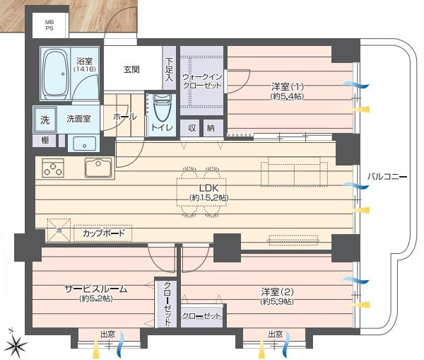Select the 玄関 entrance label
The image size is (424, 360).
[x=131, y=69]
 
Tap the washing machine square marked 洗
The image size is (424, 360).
[x=45, y=120]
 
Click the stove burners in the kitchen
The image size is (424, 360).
[x=54, y=168]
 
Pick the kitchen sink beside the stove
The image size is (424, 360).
[x=98, y=168]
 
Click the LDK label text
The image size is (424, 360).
[x=208, y=192]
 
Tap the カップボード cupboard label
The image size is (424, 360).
[x=103, y=233]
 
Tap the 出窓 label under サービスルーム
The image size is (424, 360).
[x=107, y=335]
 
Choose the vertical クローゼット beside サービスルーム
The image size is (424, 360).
[x=167, y=303]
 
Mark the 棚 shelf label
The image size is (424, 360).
[x=45, y=141]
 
